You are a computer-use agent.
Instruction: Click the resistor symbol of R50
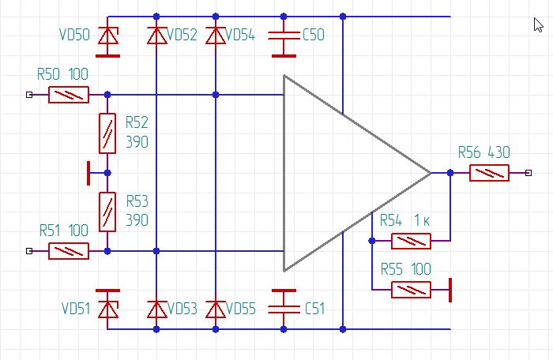69,95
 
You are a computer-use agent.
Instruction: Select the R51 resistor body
69,251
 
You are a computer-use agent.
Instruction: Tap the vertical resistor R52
107,133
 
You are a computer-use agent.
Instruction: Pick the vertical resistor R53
107,212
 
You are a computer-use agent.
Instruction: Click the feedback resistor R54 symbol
412,241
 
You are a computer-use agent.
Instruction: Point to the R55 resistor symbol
412,290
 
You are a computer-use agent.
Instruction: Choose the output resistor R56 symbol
489,173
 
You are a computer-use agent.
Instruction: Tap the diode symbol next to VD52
156,36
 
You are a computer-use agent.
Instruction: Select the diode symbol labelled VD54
216,36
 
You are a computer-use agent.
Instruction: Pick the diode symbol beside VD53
156,309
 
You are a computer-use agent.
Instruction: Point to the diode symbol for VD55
216,309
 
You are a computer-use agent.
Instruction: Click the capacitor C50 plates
284,36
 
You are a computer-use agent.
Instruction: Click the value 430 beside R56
499,152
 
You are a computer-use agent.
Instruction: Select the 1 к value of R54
422,220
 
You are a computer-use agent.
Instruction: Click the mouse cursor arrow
538,25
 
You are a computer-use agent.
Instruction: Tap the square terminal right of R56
529,173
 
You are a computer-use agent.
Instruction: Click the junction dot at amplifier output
450,173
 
